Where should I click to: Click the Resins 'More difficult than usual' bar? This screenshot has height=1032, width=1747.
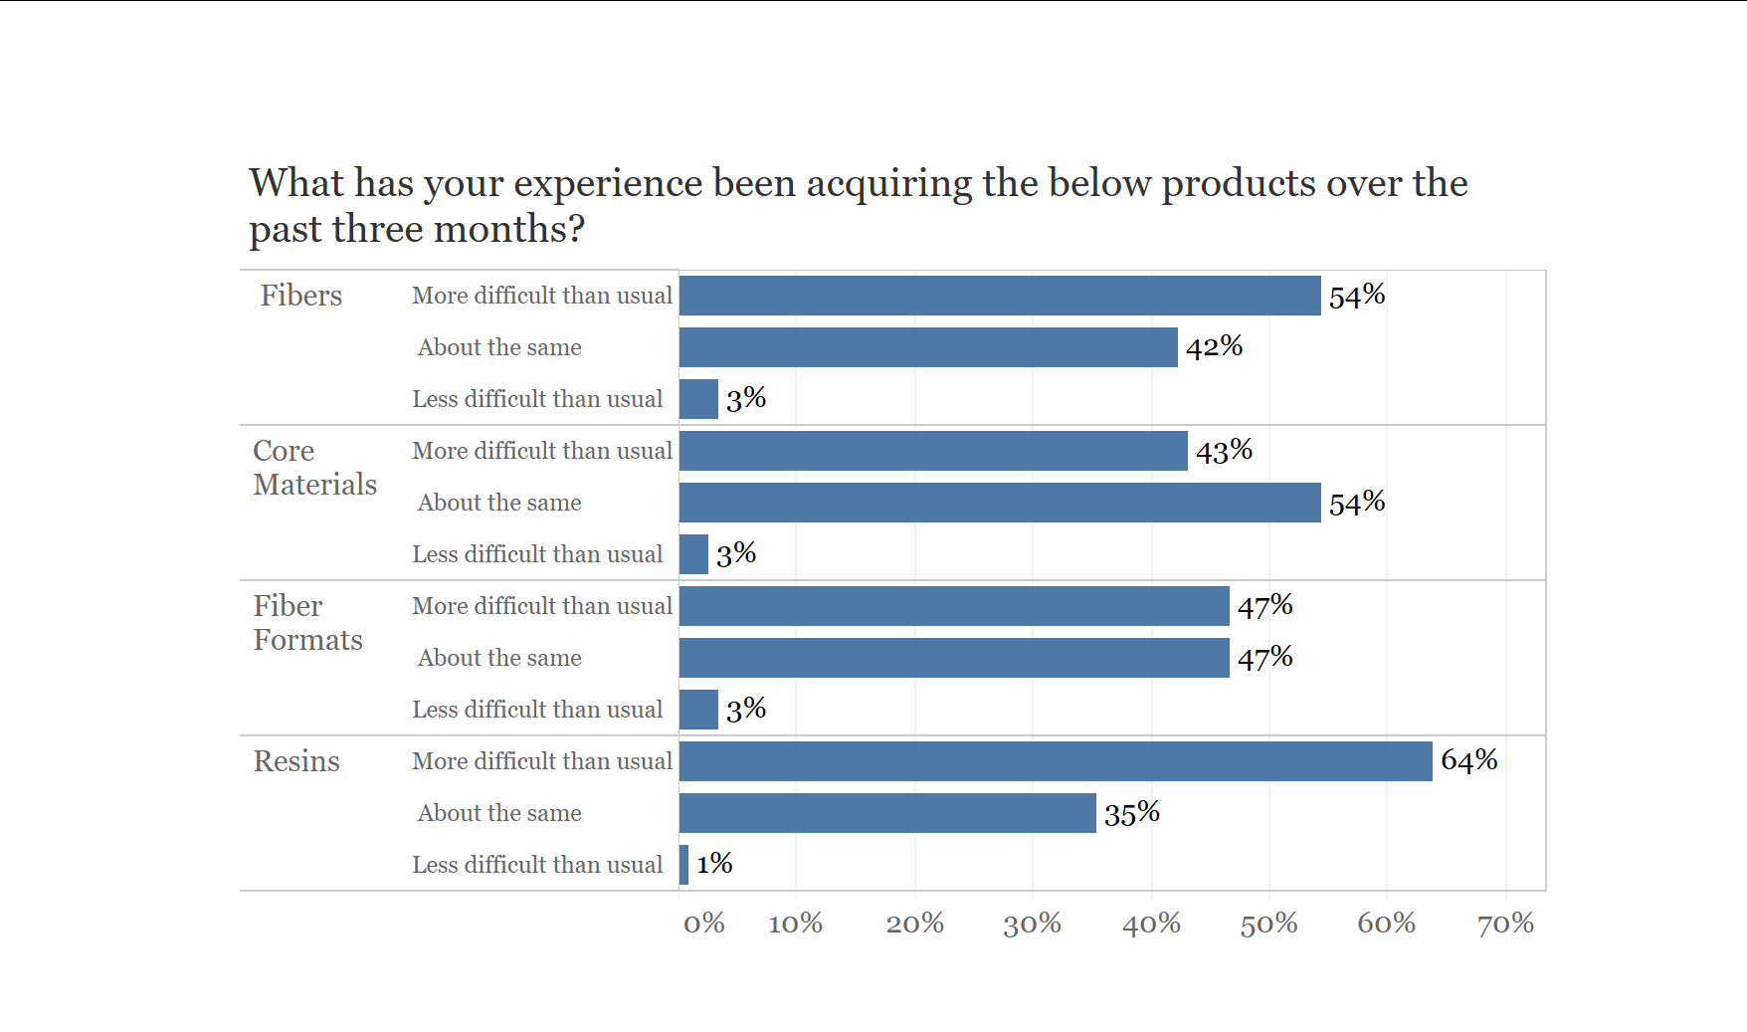1055,761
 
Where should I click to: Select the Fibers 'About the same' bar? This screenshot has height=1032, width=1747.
928,347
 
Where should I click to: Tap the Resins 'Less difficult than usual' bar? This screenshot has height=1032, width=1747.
683,865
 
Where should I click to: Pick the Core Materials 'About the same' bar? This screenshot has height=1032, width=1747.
1000,503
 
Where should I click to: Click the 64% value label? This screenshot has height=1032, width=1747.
1468,760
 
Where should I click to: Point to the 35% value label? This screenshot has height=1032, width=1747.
1131,813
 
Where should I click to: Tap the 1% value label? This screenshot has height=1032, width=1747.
713,864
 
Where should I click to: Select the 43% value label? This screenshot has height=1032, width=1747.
1223,451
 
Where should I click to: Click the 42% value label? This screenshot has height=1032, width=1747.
1214,346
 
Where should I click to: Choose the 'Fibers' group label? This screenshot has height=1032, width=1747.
300,296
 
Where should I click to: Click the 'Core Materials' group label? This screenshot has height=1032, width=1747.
314,468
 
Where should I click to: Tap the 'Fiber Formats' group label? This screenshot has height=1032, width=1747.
307,623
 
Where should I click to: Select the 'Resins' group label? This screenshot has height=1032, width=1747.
296,761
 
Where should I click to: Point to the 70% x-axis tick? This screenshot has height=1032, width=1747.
1504,924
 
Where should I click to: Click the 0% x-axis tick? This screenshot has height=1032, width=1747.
703,924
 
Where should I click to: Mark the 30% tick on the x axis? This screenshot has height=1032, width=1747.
1032,924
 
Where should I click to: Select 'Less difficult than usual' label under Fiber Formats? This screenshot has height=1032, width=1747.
537,710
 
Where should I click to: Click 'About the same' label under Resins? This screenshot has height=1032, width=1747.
499,813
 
